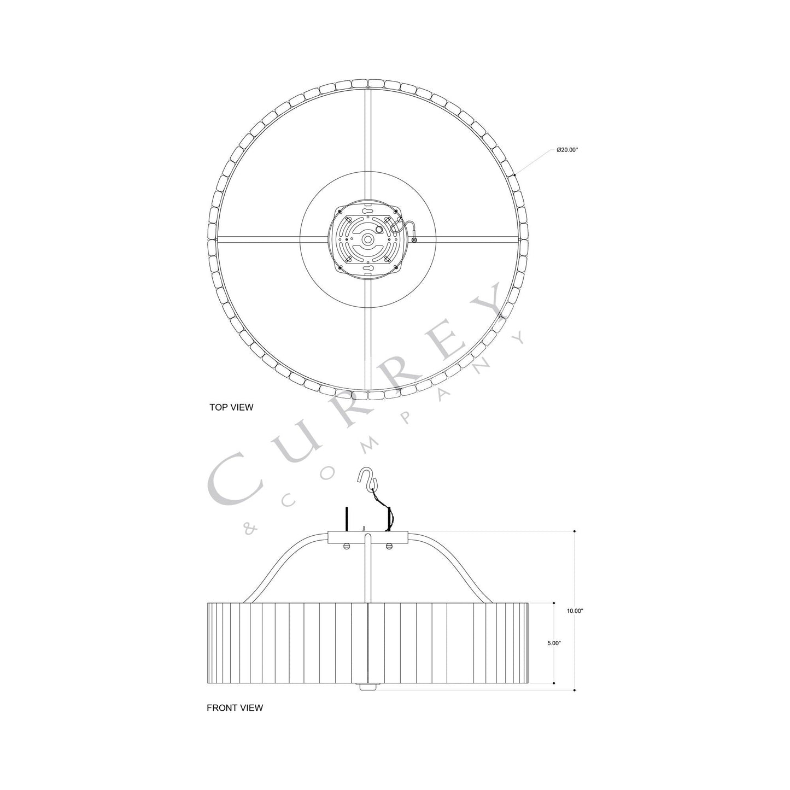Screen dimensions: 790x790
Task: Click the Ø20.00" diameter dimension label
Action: [567, 149]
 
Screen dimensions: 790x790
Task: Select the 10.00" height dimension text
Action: [575, 611]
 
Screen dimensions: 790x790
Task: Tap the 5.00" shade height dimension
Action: [554, 643]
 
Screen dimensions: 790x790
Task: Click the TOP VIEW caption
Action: [231, 407]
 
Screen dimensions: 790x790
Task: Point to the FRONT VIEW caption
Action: [235, 707]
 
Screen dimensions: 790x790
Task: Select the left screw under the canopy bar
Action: [346, 547]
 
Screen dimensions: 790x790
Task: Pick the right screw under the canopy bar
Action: [389, 547]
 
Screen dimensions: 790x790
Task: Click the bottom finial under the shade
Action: [367, 687]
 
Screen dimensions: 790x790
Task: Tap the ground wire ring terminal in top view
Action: [414, 239]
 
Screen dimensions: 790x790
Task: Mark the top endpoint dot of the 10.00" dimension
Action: [575, 531]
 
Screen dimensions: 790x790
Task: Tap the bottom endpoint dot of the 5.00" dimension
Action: [554, 683]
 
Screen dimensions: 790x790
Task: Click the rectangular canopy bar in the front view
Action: [367, 536]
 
